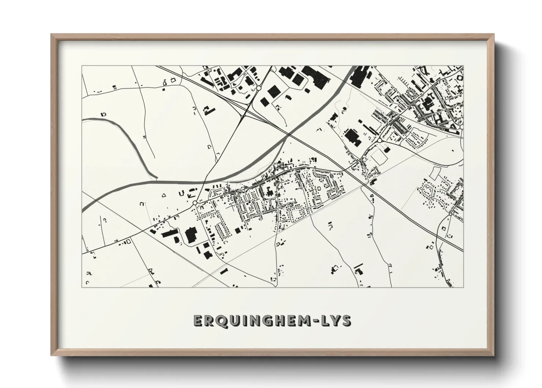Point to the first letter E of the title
tap(198, 321)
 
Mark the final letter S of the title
tap(346, 321)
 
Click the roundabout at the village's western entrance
tap(195, 202)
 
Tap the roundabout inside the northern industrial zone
tap(259, 88)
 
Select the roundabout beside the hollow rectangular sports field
tap(379, 140)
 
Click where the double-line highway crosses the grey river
tap(288, 135)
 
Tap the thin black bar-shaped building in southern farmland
tap(358, 265)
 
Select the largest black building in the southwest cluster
tap(190, 235)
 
